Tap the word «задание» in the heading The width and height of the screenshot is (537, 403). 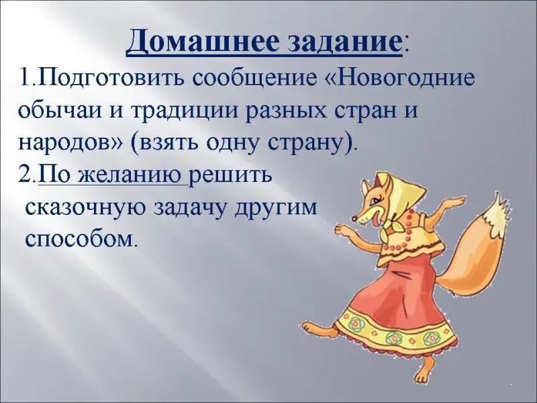343,44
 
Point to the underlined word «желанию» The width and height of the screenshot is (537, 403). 130,175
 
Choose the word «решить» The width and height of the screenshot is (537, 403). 231,175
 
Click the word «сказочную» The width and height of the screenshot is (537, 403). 86,208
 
